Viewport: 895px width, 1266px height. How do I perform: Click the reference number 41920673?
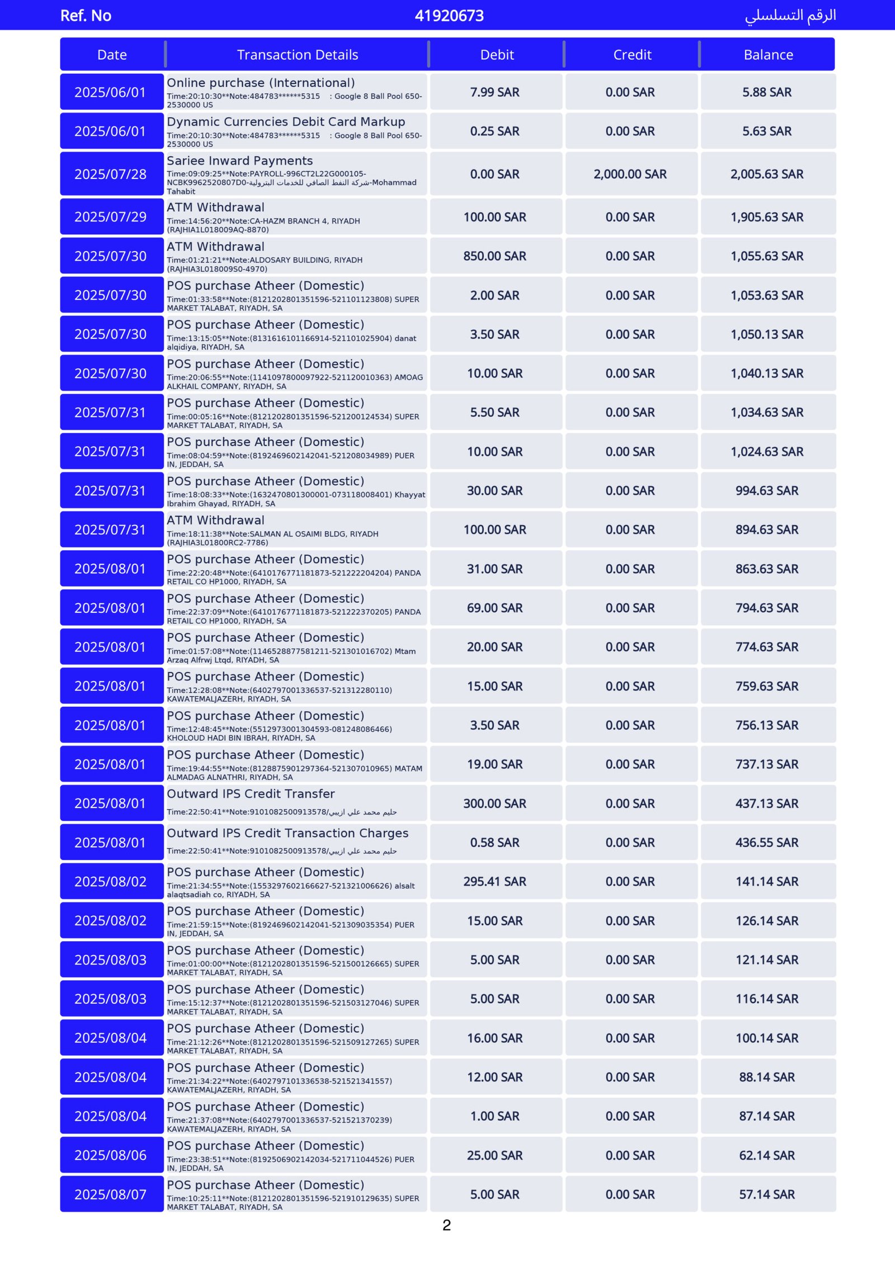[x=449, y=16]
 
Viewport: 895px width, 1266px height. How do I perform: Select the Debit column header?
[x=497, y=55]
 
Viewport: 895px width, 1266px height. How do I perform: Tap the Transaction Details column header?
[x=297, y=55]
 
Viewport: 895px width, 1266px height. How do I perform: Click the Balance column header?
[x=768, y=55]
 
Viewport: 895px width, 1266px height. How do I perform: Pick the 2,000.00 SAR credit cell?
[x=630, y=174]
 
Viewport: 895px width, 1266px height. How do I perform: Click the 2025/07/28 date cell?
[x=111, y=174]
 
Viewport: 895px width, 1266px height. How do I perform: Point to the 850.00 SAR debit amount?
[x=494, y=256]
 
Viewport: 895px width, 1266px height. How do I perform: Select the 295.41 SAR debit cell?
[x=494, y=881]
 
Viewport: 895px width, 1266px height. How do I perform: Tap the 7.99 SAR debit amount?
[x=494, y=92]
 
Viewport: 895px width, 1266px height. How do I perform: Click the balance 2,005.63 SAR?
[x=767, y=174]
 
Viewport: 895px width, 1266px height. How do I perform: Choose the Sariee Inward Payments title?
[x=240, y=161]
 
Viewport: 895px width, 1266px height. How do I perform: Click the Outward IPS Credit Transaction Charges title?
[x=288, y=833]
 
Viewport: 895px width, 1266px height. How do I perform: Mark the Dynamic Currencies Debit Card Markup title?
[x=286, y=122]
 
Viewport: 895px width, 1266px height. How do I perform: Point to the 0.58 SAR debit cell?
[x=494, y=842]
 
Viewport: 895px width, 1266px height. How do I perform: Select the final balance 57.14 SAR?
[x=767, y=1194]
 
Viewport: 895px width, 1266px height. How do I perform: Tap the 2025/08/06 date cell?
[x=111, y=1155]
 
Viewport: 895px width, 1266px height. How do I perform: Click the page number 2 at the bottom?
[x=446, y=1226]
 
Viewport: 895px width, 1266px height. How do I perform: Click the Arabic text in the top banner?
[x=790, y=16]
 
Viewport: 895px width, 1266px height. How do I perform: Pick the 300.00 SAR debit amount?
[x=494, y=804]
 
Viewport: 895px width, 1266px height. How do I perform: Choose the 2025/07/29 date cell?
[x=111, y=217]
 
